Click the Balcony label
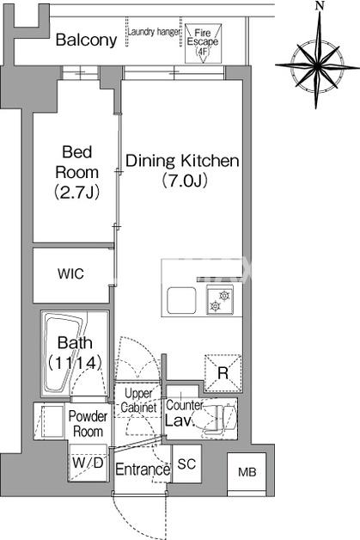point(87,40)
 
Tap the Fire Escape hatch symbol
point(203,43)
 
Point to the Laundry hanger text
point(154,32)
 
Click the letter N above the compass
point(320,5)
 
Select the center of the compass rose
point(317,64)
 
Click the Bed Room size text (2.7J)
point(77,193)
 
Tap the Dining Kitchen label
point(182,161)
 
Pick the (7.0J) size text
point(185,181)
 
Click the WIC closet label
point(71,273)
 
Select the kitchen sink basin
point(182,300)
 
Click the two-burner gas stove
point(220,300)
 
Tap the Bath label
point(75,343)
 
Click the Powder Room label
point(88,424)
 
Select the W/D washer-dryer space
point(88,463)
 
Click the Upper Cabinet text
point(138,401)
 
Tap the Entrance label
point(143,469)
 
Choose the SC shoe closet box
point(186,463)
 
